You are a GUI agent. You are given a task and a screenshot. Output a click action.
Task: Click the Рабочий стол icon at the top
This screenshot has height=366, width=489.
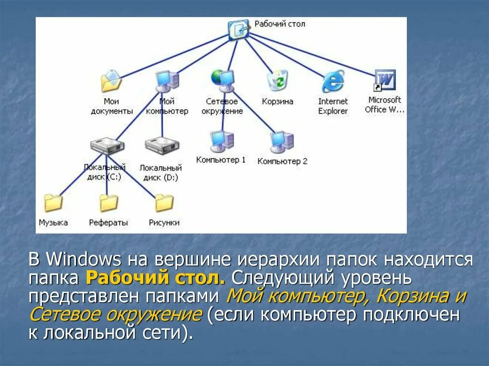pyautogui.click(x=239, y=30)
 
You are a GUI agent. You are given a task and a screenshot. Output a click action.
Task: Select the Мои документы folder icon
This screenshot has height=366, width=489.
pyautogui.click(x=111, y=81)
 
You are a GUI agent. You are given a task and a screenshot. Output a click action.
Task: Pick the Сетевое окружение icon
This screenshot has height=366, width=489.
pyautogui.click(x=223, y=80)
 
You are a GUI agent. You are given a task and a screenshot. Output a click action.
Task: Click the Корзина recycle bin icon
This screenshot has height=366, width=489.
pyautogui.click(x=277, y=80)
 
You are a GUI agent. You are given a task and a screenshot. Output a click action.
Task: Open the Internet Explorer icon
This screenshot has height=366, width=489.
pyautogui.click(x=333, y=81)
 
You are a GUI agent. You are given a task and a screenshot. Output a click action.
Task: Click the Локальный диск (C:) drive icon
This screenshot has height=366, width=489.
pyautogui.click(x=107, y=146)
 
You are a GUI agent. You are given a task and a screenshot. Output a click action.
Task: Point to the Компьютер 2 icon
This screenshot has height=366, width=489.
pyautogui.click(x=282, y=141)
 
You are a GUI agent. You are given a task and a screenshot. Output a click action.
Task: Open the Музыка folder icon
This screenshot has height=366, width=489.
pyautogui.click(x=53, y=202)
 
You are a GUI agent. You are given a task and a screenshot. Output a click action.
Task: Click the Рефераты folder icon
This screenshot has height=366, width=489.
pyautogui.click(x=108, y=203)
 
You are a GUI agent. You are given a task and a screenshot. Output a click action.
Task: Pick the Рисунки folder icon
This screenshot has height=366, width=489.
pyautogui.click(x=164, y=203)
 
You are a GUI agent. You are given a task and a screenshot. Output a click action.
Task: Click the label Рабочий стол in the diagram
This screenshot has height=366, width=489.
pyautogui.click(x=279, y=24)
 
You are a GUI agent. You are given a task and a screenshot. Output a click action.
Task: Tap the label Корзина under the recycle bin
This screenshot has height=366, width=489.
pyautogui.click(x=277, y=102)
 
